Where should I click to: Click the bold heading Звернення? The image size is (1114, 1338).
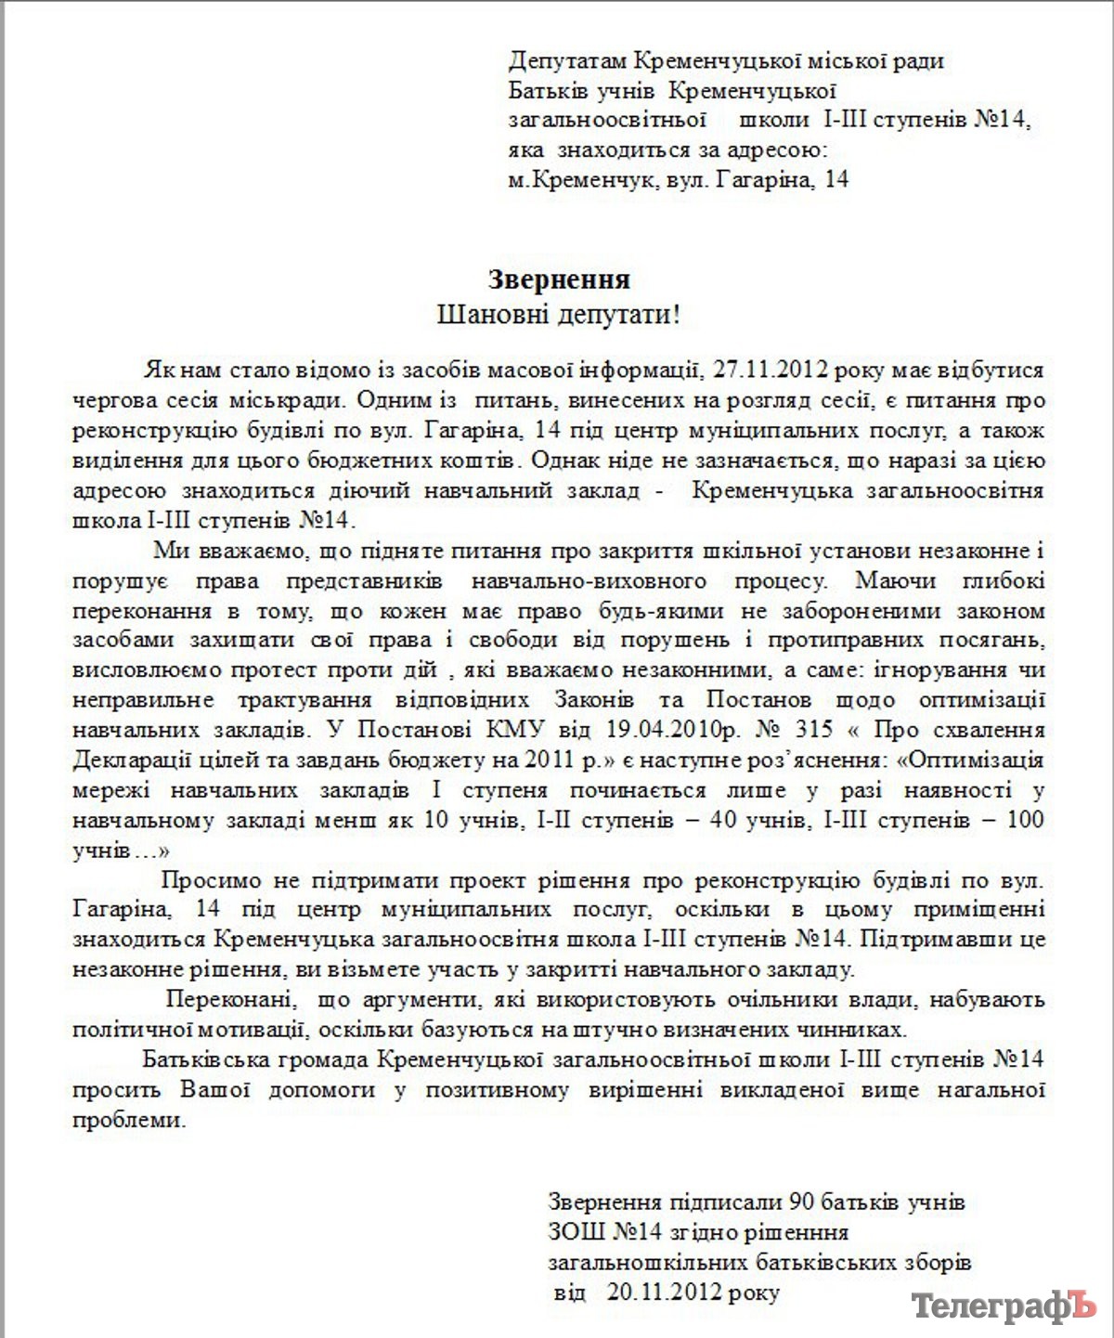point(559,279)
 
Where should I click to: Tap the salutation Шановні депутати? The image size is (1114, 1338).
point(559,315)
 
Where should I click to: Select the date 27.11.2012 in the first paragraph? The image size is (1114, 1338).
point(770,370)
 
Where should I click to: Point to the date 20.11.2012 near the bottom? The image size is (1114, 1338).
point(665,1292)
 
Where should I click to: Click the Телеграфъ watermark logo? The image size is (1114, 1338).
point(1004,1306)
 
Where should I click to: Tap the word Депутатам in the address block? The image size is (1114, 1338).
point(567,61)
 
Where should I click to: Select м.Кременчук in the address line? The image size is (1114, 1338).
point(580,179)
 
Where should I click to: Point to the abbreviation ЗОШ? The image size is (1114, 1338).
point(576,1232)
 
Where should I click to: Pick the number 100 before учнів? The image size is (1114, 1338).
point(1026,820)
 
